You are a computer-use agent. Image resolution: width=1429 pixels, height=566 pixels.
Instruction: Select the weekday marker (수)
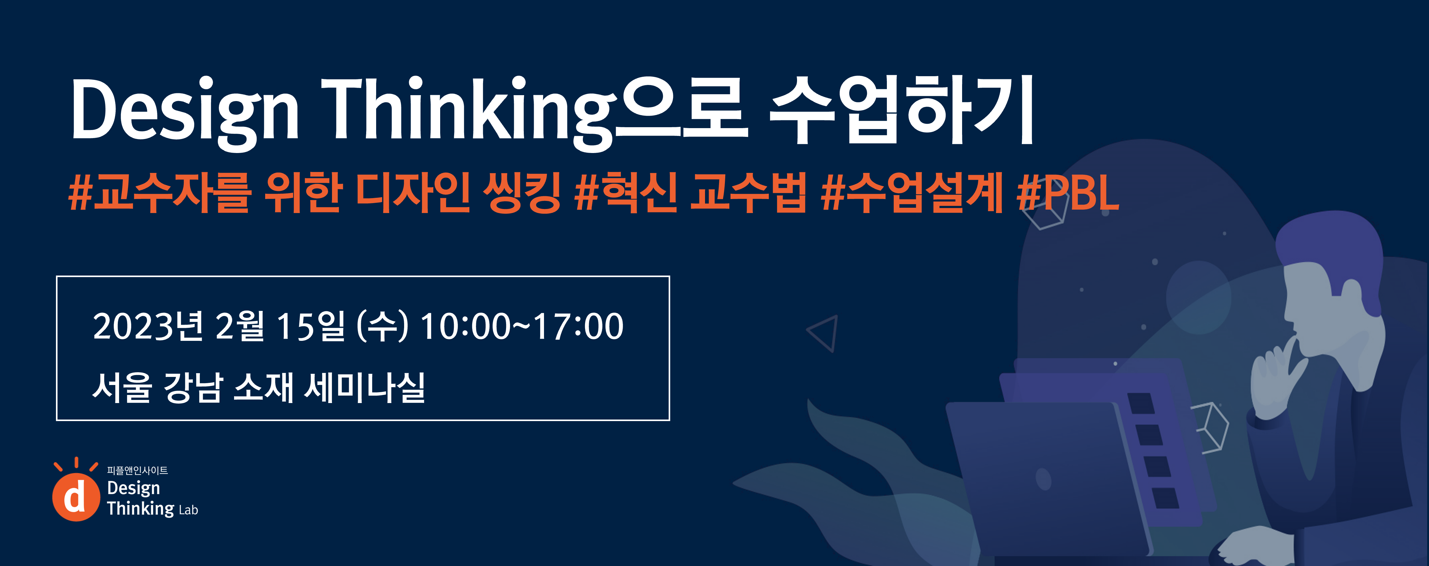pos(382,326)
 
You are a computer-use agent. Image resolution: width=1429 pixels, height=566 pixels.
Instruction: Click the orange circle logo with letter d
pos(76,497)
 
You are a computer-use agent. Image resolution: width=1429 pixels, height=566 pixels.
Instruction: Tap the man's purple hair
pos(1331,250)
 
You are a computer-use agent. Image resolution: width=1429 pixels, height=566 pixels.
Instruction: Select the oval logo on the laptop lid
pos(1044,479)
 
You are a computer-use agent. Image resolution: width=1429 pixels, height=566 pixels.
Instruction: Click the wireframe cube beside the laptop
pos(1209,427)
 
